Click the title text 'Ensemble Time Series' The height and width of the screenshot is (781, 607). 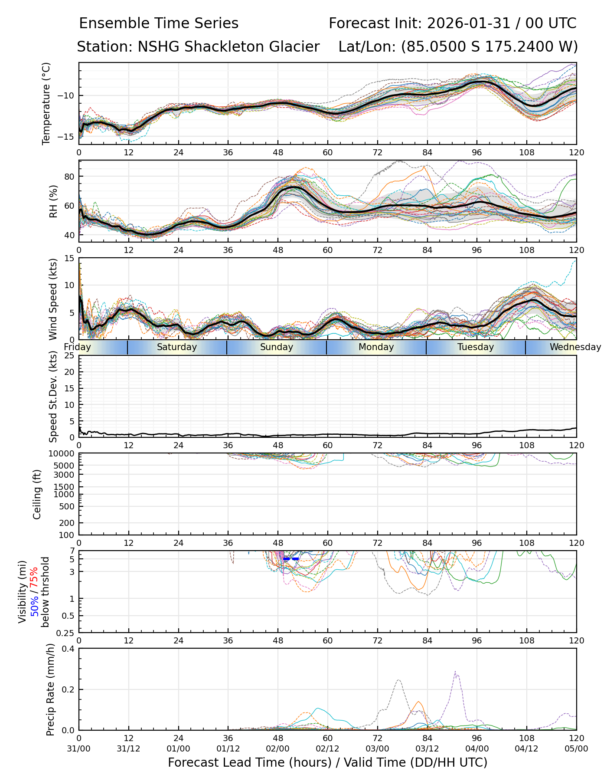(159, 23)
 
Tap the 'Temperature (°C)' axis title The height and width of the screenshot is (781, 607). (46, 103)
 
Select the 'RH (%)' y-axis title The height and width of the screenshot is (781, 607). (53, 201)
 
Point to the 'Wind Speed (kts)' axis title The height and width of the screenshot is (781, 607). (53, 299)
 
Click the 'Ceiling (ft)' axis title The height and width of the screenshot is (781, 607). (37, 494)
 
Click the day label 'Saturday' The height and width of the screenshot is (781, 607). (177, 347)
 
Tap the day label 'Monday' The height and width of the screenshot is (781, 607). (376, 347)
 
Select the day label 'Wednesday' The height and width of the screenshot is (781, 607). (575, 347)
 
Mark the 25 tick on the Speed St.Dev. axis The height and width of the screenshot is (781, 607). (70, 356)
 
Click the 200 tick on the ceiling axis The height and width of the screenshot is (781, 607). (68, 523)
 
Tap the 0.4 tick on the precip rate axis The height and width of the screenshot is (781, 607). (69, 649)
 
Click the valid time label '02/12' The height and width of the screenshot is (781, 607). (327, 748)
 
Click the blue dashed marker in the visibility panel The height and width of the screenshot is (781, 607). (291, 559)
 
